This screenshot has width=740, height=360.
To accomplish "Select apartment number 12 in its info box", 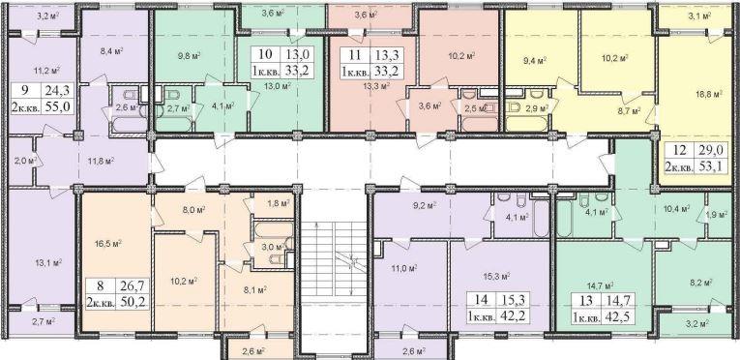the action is [x=680, y=150].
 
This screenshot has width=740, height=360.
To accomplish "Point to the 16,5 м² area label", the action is [x=110, y=244].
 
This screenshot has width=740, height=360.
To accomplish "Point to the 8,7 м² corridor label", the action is [x=630, y=111].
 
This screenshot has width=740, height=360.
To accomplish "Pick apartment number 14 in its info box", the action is [x=481, y=298].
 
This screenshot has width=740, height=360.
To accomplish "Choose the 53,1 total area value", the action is [x=713, y=165].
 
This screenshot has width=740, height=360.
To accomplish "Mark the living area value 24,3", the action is [x=58, y=89].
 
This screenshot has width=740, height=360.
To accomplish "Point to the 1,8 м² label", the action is [x=279, y=203].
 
